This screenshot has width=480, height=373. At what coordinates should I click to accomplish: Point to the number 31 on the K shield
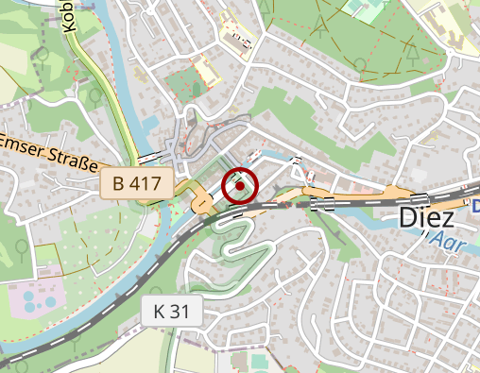(184, 311)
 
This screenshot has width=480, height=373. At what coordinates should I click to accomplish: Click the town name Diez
(426, 217)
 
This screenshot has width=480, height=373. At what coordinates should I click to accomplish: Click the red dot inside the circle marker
(240, 186)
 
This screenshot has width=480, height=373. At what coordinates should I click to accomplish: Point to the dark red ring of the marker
(240, 170)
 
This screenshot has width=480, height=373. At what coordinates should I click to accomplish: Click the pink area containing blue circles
(33, 300)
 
